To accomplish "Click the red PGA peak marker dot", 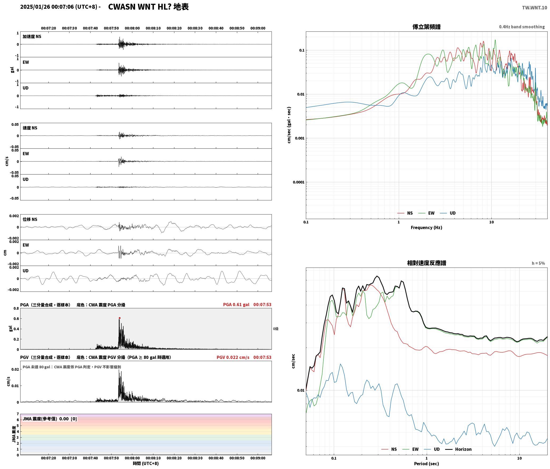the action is point(120,318).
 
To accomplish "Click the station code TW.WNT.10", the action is point(535,8).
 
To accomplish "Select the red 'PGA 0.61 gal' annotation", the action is point(236,305).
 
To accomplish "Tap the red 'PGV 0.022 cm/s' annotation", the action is point(233,357).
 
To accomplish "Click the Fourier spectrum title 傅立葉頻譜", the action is point(426,27).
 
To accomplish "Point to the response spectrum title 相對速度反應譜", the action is point(426,263).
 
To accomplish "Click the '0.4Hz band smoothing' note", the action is point(522,27).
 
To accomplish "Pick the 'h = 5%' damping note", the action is point(538,263).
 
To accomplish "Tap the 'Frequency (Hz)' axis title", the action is point(426,228).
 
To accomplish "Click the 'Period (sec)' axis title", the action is point(426,464).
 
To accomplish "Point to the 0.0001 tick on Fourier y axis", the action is point(298,182).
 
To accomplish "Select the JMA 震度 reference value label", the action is point(50,419).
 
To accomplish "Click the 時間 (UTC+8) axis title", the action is point(146,463).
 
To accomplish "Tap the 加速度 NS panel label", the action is point(32,37).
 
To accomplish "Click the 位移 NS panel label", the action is point(30,219).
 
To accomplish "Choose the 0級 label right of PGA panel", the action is point(276,329).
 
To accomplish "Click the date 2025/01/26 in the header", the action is point(35,7).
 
